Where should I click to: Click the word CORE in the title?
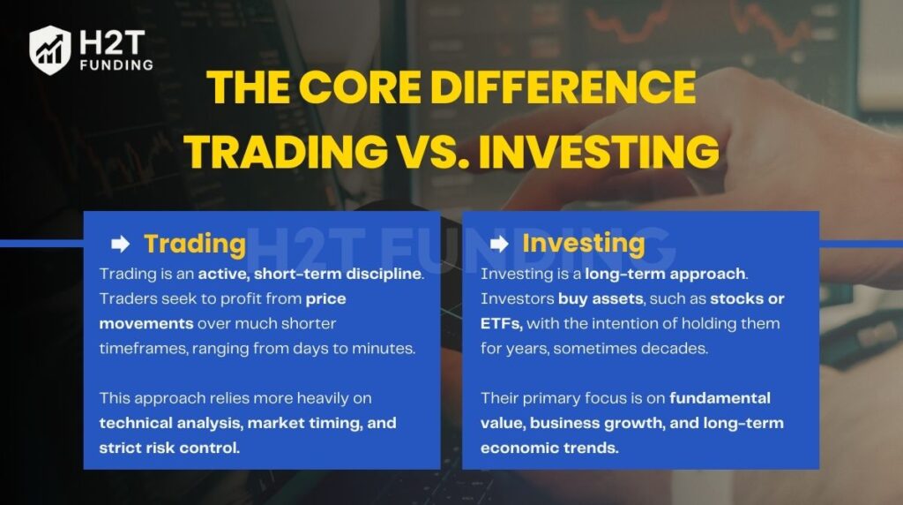coord(355,87)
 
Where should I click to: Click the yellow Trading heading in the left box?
coord(194,244)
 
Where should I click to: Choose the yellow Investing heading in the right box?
coord(583,243)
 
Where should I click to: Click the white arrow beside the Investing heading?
coord(499,244)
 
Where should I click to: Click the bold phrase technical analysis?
coord(169,423)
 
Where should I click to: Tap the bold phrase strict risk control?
coord(169,448)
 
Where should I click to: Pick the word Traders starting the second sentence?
coord(124,298)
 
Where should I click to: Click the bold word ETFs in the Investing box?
coord(501,323)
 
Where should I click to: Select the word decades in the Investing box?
coord(676,348)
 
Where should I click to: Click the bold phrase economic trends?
coord(549,448)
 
